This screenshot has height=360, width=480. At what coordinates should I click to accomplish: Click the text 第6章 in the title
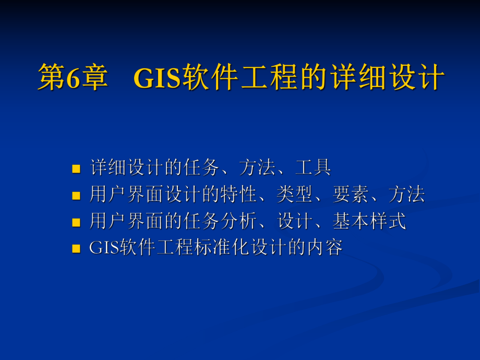pos(73,78)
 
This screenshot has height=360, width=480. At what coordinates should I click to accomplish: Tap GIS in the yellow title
pos(157,78)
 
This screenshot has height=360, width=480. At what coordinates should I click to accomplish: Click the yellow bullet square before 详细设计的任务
pos(76,169)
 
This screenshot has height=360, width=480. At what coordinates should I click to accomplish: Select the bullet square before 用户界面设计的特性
pos(76,196)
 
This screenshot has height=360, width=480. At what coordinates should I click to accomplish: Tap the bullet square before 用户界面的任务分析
pos(76,222)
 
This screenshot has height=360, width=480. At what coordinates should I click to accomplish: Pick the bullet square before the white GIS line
pos(76,249)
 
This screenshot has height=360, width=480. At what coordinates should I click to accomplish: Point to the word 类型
pos(295,195)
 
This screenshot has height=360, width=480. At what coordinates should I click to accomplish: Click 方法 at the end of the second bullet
pos(407,195)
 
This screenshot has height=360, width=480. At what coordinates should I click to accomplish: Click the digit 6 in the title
pos(71,78)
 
